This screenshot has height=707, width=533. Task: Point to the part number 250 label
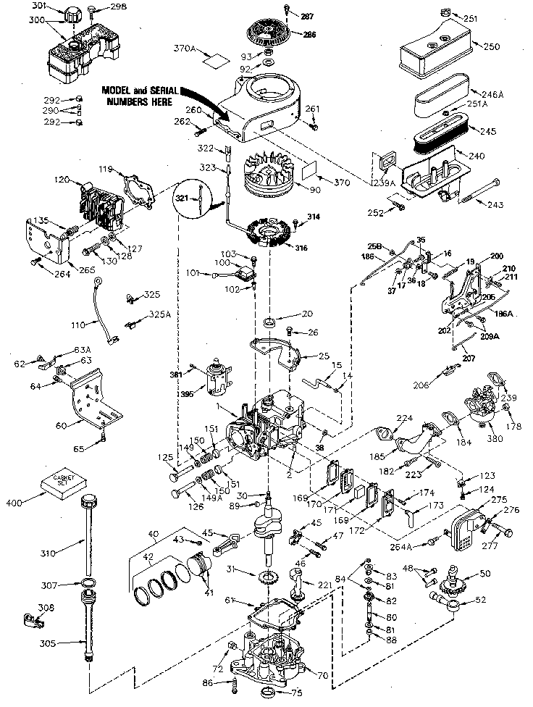click(491, 46)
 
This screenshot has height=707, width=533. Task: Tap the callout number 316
click(301, 248)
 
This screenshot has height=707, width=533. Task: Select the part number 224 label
click(404, 418)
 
